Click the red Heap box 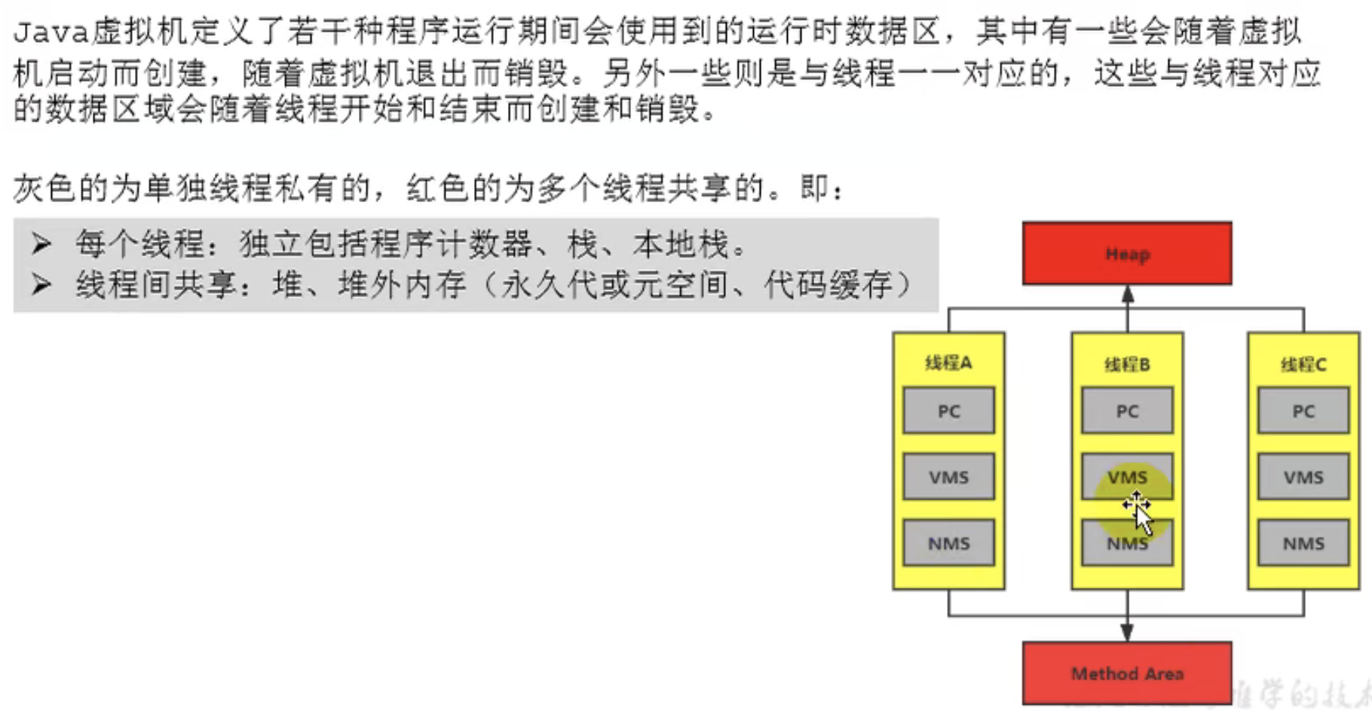(1127, 253)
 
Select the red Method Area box (1127, 672)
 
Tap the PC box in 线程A (948, 411)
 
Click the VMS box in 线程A (948, 477)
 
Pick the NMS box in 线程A (948, 543)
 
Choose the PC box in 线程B (1127, 411)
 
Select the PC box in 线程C (1303, 411)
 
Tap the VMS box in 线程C (1303, 477)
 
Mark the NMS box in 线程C (1303, 543)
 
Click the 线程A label (948, 363)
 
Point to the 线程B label (1127, 365)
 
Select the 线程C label (1303, 365)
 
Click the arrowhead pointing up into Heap (1127, 294)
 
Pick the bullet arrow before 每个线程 (41, 243)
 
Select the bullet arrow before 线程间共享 (41, 284)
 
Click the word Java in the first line (51, 32)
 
